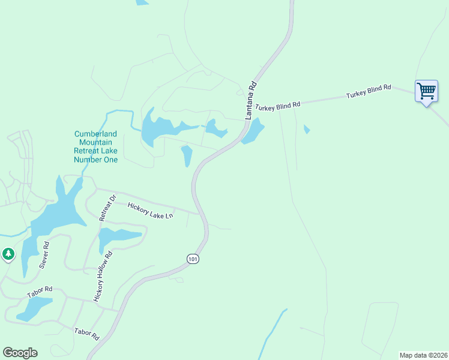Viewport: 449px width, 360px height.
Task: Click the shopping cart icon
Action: click(x=426, y=92)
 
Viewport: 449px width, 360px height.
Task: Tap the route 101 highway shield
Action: click(x=192, y=259)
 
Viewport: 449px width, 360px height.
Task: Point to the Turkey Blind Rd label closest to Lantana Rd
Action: click(x=277, y=106)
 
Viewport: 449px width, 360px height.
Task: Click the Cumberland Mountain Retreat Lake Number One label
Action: click(x=95, y=147)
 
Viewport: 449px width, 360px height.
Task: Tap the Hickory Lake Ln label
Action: click(x=151, y=210)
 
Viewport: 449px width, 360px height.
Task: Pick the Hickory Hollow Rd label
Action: click(x=103, y=276)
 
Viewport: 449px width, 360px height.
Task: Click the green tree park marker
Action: click(x=8, y=254)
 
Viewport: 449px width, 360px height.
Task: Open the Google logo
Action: click(x=20, y=353)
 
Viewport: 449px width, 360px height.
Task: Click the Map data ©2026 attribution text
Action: click(x=423, y=355)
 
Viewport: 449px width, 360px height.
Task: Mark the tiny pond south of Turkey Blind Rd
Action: click(x=307, y=129)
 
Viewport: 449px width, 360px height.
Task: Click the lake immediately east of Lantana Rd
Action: click(x=253, y=131)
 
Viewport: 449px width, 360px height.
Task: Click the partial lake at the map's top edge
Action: click(x=142, y=2)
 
